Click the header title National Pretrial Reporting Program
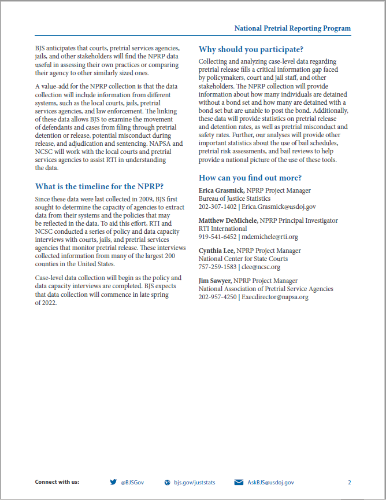pyautogui.click(x=292, y=28)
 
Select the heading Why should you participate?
pyautogui.click(x=251, y=49)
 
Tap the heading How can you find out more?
pyautogui.click(x=250, y=178)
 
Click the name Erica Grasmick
pyautogui.click(x=222, y=190)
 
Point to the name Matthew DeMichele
pyautogui.click(x=230, y=220)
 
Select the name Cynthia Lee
pyautogui.click(x=216, y=251)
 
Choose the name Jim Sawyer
pyautogui.click(x=214, y=281)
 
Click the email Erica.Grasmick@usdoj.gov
pyautogui.click(x=279, y=207)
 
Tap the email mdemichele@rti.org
pyautogui.click(x=270, y=237)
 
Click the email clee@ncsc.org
pyautogui.click(x=261, y=267)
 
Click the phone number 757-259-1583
pyautogui.click(x=217, y=267)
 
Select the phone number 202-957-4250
pyautogui.click(x=217, y=297)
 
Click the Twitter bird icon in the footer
pyautogui.click(x=113, y=481)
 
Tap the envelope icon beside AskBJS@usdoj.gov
pyautogui.click(x=239, y=481)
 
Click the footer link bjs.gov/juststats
pyautogui.click(x=194, y=481)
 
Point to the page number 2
pyautogui.click(x=349, y=481)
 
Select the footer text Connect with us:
pyautogui.click(x=57, y=481)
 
